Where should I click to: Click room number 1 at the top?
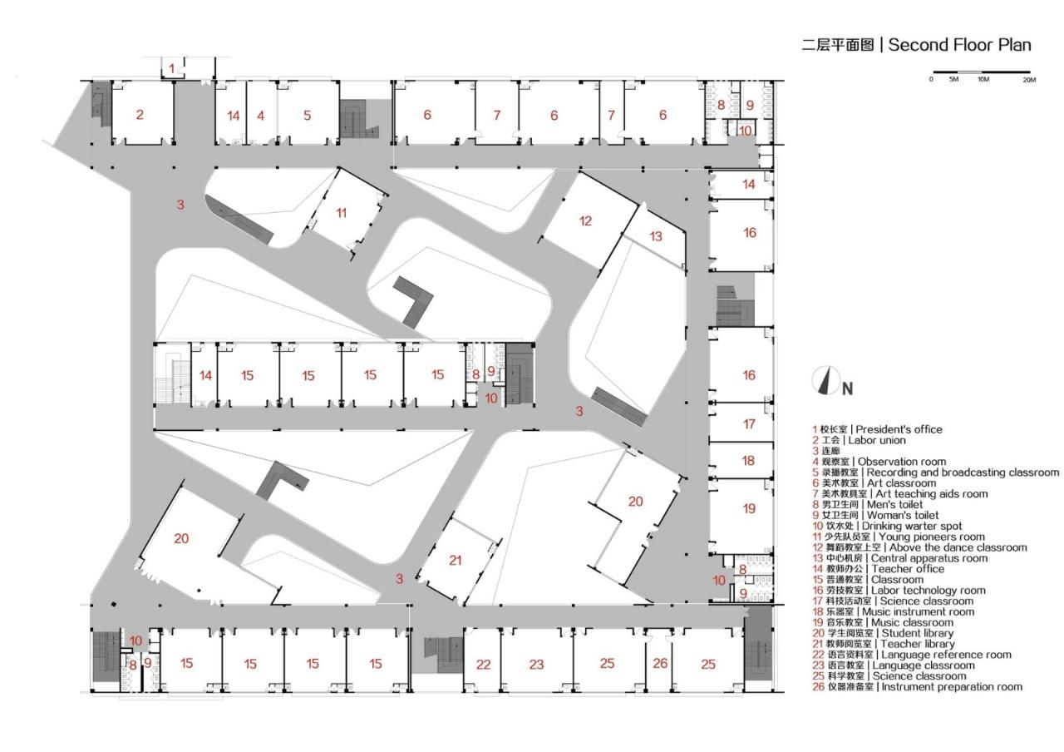click(171, 68)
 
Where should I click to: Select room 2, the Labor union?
click(140, 115)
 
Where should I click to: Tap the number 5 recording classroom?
click(307, 116)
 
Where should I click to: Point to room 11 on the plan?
click(342, 213)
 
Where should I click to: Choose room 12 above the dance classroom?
click(586, 220)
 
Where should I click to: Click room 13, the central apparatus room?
click(656, 236)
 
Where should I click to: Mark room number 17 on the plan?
click(749, 424)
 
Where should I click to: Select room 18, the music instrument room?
click(748, 460)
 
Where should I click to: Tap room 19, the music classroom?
click(749, 508)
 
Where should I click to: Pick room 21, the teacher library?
click(455, 560)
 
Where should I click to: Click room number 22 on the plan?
click(483, 664)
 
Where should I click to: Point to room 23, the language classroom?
click(536, 664)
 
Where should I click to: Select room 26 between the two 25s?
click(660, 663)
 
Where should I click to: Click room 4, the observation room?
click(261, 116)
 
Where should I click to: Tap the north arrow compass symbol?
click(825, 381)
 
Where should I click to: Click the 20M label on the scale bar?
click(1028, 80)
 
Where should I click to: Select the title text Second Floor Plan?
click(959, 45)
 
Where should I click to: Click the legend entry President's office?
click(881, 429)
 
